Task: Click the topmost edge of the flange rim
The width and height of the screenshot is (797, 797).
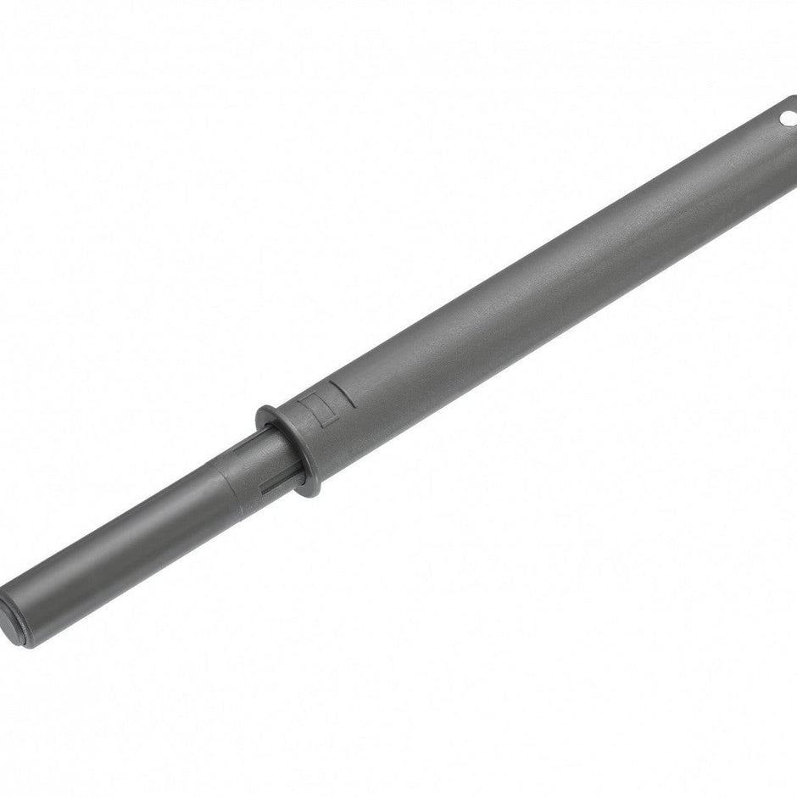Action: [x=263, y=412]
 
